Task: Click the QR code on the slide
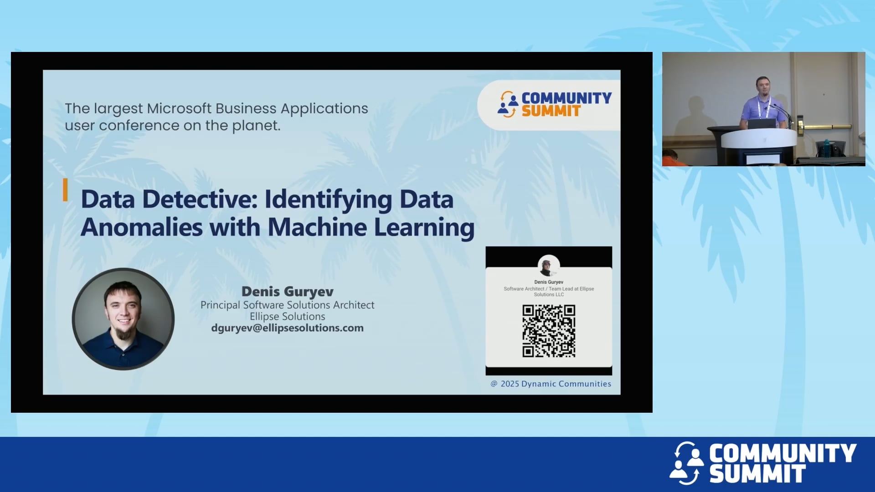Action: point(549,331)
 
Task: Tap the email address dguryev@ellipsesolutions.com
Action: point(287,328)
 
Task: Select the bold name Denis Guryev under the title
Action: point(287,292)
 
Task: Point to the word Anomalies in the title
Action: point(141,227)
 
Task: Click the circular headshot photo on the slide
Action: point(123,319)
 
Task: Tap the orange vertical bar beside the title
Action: point(65,190)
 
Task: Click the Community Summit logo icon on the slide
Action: point(508,104)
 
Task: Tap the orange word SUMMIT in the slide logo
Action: point(551,111)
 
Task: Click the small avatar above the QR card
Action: point(549,266)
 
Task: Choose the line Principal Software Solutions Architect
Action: point(287,305)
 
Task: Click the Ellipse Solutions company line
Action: point(287,317)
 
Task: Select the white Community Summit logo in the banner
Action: point(763,463)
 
